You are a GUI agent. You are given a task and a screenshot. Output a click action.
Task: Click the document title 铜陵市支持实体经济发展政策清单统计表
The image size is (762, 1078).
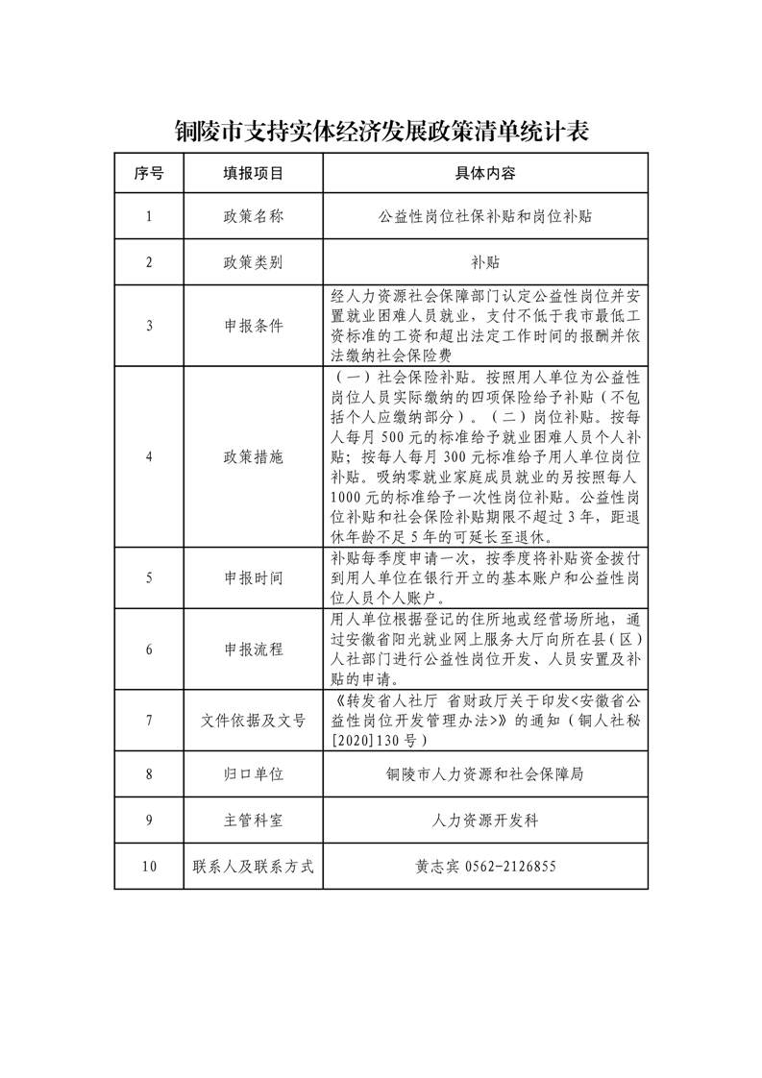click(x=381, y=131)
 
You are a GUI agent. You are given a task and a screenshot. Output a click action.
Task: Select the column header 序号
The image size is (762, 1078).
click(x=149, y=174)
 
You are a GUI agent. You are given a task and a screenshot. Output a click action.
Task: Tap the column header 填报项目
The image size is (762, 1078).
click(x=254, y=174)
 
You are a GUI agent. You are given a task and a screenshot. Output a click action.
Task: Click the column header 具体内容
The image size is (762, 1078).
click(x=485, y=174)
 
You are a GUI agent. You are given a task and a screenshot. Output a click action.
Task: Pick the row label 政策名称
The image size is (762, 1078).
click(x=254, y=217)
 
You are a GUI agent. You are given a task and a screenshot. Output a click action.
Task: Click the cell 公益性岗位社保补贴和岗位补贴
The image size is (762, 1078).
click(x=485, y=217)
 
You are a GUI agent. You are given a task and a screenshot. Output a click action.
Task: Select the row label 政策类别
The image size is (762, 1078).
click(x=254, y=262)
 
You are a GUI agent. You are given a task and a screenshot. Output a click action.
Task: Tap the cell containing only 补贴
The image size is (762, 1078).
click(x=485, y=262)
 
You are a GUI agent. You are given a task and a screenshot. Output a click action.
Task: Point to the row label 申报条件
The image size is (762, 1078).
click(x=254, y=325)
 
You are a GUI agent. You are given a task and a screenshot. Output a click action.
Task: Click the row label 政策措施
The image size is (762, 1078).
click(x=254, y=456)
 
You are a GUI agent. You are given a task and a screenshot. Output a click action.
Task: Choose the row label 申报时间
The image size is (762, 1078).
click(x=254, y=577)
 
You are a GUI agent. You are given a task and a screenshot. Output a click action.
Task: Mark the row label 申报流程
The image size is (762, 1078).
click(x=254, y=649)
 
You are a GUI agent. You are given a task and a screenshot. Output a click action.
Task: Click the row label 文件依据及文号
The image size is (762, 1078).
click(x=254, y=720)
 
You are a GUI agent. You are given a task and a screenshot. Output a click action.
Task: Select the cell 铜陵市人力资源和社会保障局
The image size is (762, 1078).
click(x=485, y=772)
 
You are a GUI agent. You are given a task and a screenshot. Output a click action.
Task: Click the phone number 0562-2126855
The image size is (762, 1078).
click(x=509, y=866)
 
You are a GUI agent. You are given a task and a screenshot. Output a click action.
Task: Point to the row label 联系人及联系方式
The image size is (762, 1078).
click(x=254, y=866)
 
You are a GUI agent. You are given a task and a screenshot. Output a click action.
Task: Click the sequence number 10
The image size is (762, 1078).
click(x=149, y=866)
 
